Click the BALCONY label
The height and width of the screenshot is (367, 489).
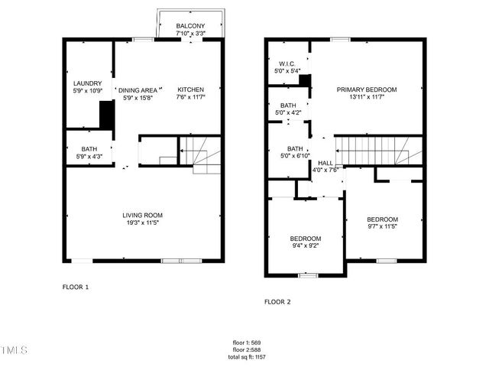coord(189,26)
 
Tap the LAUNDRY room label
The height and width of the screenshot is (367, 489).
coord(87,83)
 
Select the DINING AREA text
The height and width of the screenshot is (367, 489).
coord(138,90)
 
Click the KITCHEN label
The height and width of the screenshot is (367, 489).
coord(191,89)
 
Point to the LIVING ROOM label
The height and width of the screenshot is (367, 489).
coord(143,215)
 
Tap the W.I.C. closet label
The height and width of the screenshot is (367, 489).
coord(287,64)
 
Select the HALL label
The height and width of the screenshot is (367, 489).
coord(325,163)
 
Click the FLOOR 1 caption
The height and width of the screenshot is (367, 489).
coord(76,287)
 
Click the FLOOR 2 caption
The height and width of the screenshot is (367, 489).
coord(277,302)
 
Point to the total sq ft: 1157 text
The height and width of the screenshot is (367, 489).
coord(245,357)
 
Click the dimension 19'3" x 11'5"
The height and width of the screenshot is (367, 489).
coord(143,224)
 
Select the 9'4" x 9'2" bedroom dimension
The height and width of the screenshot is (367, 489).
coord(305,246)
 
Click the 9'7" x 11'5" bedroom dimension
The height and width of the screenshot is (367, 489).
coord(382,226)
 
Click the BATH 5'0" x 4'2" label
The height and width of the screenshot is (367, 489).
coord(288,109)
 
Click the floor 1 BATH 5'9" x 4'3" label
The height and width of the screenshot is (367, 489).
coord(89,153)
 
